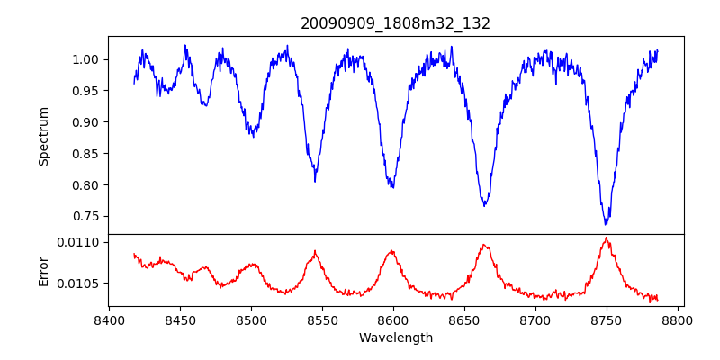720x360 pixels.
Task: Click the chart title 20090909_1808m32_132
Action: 395,23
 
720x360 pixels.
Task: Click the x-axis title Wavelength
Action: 395,337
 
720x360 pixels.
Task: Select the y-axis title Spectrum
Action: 43,136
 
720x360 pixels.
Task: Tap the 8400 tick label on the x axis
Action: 109,319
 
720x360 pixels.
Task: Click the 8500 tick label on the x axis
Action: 251,319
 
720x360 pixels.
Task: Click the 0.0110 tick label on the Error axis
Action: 80,242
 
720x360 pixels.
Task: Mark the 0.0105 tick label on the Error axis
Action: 80,283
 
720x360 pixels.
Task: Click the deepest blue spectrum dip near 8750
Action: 606,223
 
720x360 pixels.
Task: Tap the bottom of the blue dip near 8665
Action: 484,205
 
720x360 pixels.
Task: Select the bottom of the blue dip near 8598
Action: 391,186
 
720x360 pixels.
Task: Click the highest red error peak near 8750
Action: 607,238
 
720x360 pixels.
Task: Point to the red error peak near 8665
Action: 484,245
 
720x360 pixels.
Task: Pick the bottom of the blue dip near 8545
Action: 315,181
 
